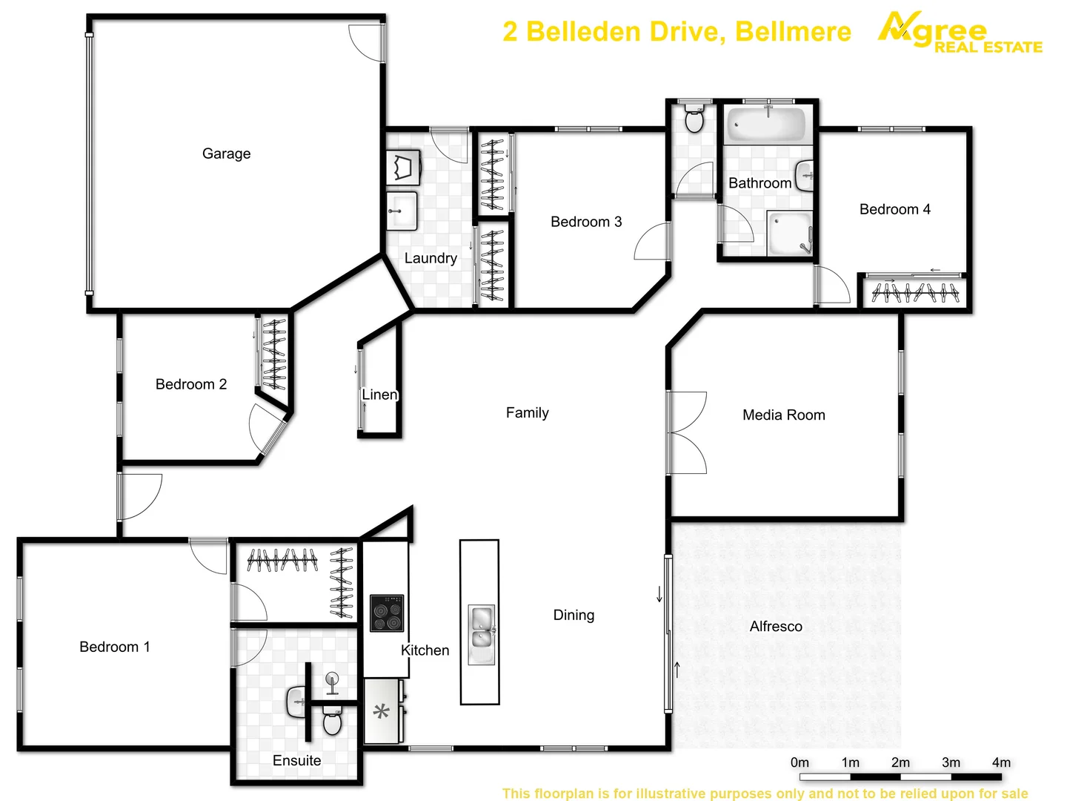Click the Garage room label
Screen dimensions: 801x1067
pyautogui.click(x=226, y=154)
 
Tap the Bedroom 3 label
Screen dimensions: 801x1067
pyautogui.click(x=586, y=222)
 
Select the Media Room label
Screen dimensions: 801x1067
pyautogui.click(x=783, y=415)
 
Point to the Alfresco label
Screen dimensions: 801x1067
pyautogui.click(x=776, y=627)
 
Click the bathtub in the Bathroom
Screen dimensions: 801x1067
pyautogui.click(x=766, y=124)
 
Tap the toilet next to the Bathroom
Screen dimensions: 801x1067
pyautogui.click(x=694, y=119)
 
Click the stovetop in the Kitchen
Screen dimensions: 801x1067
pyautogui.click(x=387, y=613)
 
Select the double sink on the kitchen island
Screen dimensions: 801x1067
pyautogui.click(x=481, y=635)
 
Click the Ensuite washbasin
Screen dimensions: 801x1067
pyautogui.click(x=298, y=701)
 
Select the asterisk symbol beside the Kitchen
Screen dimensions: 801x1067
pyautogui.click(x=382, y=713)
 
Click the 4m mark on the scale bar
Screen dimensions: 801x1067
pyautogui.click(x=1001, y=762)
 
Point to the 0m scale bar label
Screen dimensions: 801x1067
pyautogui.click(x=800, y=762)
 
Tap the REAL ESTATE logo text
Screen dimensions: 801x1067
pyautogui.click(x=988, y=47)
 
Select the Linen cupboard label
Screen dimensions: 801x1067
pyautogui.click(x=379, y=395)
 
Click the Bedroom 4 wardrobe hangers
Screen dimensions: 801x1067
pyautogui.click(x=915, y=293)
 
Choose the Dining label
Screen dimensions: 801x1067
pyautogui.click(x=574, y=615)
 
